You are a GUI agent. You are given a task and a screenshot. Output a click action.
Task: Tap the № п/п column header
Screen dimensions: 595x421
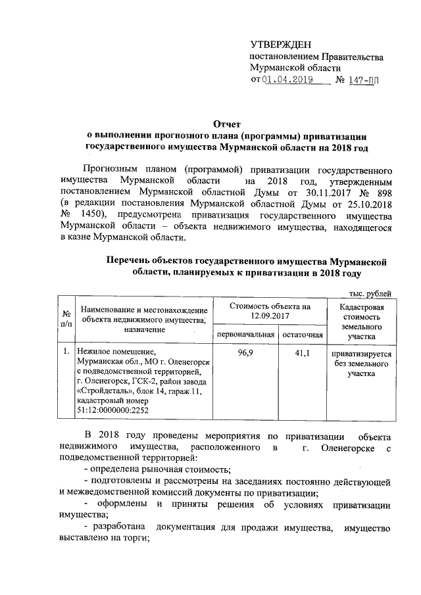pyautogui.click(x=66, y=318)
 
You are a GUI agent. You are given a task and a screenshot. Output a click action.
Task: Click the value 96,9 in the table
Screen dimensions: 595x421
pyautogui.click(x=242, y=353)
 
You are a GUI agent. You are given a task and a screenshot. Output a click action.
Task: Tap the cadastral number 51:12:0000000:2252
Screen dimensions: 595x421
pyautogui.click(x=112, y=410)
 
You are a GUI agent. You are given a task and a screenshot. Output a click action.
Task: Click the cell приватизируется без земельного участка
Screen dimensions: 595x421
pyautogui.click(x=361, y=363)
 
